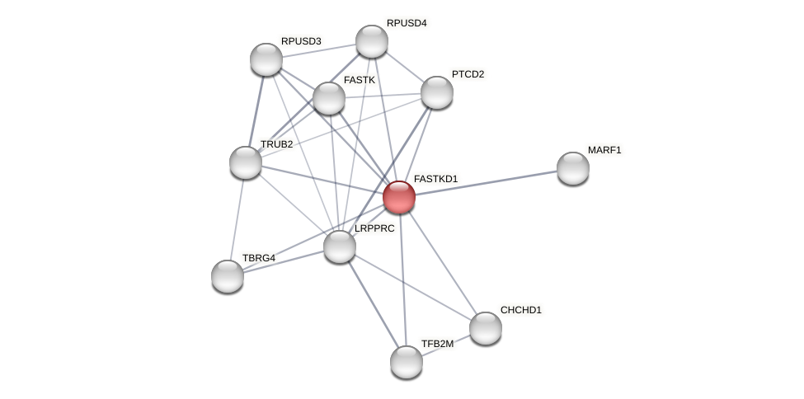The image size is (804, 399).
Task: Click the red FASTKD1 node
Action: click(x=399, y=197)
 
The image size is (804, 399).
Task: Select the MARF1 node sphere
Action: click(x=572, y=168)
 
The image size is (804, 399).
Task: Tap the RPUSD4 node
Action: click(x=372, y=41)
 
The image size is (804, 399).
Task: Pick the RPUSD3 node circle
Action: click(x=266, y=59)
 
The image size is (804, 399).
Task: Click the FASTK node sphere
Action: click(x=329, y=98)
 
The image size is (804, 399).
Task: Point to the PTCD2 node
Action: click(x=437, y=92)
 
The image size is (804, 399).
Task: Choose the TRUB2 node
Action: click(x=246, y=162)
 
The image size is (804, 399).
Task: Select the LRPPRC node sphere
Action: click(x=340, y=246)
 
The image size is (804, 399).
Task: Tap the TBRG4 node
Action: click(x=228, y=276)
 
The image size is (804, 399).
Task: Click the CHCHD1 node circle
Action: click(x=486, y=328)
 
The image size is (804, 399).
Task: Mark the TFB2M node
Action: click(x=407, y=362)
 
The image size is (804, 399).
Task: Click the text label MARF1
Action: click(x=604, y=150)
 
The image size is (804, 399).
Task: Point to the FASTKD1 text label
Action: click(x=435, y=179)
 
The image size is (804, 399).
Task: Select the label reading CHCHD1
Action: click(x=521, y=310)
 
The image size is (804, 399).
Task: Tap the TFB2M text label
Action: click(x=437, y=344)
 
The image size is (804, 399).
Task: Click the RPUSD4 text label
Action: click(x=407, y=23)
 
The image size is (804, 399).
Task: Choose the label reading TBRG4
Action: click(x=258, y=258)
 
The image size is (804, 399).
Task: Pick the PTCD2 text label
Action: click(x=468, y=74)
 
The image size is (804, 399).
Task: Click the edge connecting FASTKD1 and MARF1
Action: click(x=487, y=182)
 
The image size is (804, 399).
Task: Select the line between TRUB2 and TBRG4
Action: click(x=237, y=219)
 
